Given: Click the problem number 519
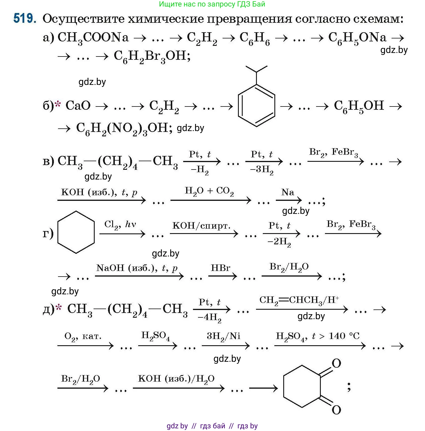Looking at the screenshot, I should coord(25,19).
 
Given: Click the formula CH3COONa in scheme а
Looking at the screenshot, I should coord(93,38).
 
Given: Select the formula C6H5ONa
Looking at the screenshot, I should coord(357,38).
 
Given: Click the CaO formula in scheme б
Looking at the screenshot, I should coord(78,106).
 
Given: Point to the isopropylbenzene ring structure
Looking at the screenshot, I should coord(256,105).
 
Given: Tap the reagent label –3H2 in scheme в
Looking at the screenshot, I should coord(261,170).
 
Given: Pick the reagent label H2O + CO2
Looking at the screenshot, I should coord(209,191).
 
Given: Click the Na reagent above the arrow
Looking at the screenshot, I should coord(288,192).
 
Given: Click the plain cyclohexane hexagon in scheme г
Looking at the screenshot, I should coord(76,232).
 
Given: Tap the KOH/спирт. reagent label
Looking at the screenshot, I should coord(201,226).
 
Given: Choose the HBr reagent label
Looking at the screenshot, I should coord(220,268).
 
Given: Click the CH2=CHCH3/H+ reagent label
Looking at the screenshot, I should coord(299,301).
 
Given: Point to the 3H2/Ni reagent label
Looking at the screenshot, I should coord(224,336).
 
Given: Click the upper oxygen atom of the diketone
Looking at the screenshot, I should coord(336,363).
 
